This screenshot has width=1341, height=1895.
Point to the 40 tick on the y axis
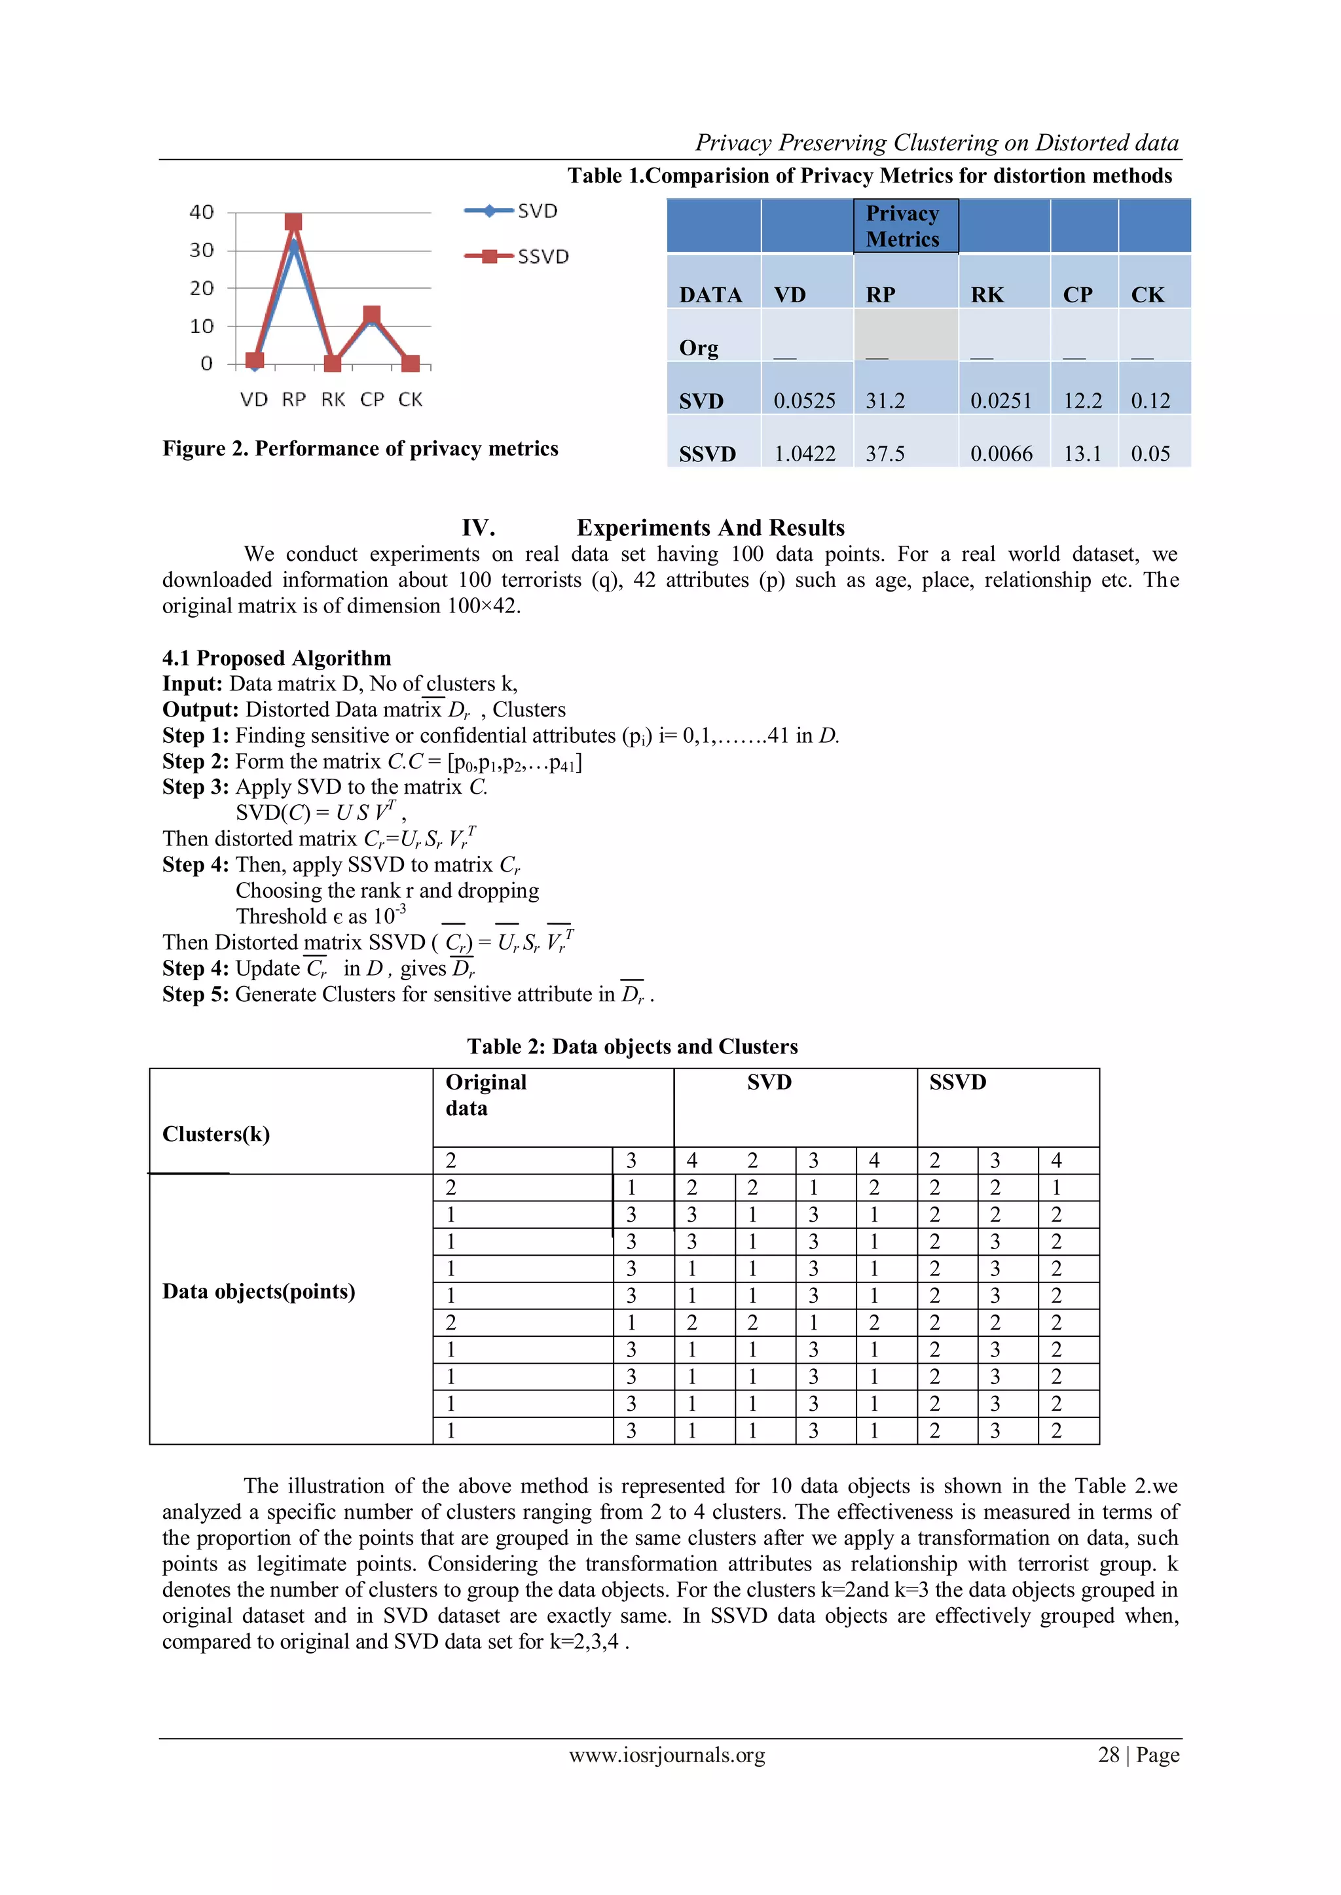point(202,212)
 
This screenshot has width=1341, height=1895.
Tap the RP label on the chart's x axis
point(293,399)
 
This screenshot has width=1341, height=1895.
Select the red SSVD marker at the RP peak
point(293,222)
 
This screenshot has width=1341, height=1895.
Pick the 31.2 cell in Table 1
point(885,401)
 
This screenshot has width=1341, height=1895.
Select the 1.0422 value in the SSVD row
point(804,454)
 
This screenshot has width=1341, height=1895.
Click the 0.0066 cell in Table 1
point(1001,454)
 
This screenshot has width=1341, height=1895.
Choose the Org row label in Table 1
point(699,348)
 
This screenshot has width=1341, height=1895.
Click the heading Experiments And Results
point(710,528)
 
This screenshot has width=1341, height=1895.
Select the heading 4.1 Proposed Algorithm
point(276,658)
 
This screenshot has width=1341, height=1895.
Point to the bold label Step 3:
point(196,787)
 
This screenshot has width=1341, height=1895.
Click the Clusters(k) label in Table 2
point(216,1134)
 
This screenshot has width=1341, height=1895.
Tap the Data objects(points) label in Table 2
point(259,1292)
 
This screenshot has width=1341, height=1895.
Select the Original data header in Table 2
point(486,1095)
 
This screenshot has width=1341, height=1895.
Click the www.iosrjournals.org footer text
point(667,1755)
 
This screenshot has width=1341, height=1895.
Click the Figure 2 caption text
point(360,448)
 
